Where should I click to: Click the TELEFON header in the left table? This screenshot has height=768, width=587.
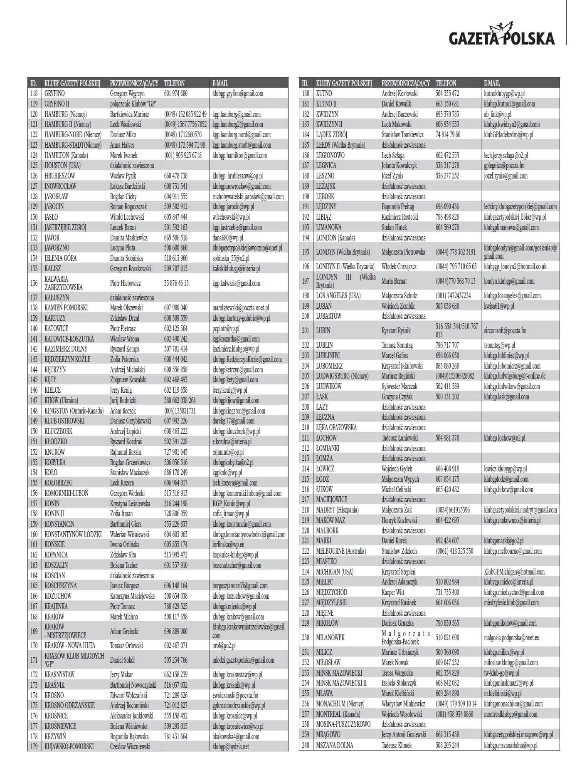coord(174,83)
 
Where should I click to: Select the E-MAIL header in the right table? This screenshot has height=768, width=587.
coord(492,83)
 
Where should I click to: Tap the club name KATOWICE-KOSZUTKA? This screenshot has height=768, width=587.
coord(69,339)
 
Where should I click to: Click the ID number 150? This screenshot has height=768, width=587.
coord(34,431)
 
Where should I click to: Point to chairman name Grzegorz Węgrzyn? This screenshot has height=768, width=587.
coord(127,94)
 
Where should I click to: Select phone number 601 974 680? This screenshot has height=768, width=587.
coord(175,94)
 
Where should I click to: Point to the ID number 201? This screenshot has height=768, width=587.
coord(306,331)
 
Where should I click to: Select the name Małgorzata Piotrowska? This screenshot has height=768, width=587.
coord(403,252)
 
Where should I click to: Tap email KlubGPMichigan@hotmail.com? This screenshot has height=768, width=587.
coord(514,572)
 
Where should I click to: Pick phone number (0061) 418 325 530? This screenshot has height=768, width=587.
coord(454,551)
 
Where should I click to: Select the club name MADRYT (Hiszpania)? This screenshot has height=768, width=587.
coord(337,510)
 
